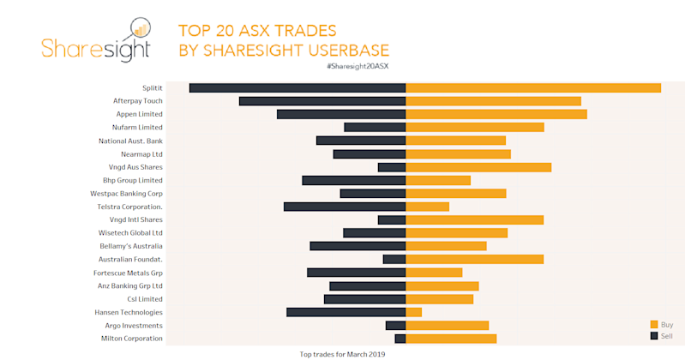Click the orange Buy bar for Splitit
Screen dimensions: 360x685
tap(532, 87)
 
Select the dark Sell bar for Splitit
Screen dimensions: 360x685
tap(297, 87)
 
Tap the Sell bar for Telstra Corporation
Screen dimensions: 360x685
tap(345, 207)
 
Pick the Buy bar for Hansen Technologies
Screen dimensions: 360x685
tap(413, 312)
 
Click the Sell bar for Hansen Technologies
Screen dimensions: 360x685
tap(346, 312)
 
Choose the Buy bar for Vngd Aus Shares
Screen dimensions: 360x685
tap(478, 167)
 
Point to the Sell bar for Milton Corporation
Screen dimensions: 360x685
tap(400, 339)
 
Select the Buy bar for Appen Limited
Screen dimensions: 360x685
tap(496, 114)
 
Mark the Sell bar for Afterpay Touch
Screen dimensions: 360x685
tap(322, 101)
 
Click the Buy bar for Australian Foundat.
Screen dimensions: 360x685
tap(475, 259)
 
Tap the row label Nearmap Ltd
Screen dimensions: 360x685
tap(141, 154)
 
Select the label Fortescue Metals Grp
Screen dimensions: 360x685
tap(128, 273)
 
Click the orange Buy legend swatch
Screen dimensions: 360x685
tap(654, 324)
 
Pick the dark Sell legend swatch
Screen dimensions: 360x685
tap(654, 336)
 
